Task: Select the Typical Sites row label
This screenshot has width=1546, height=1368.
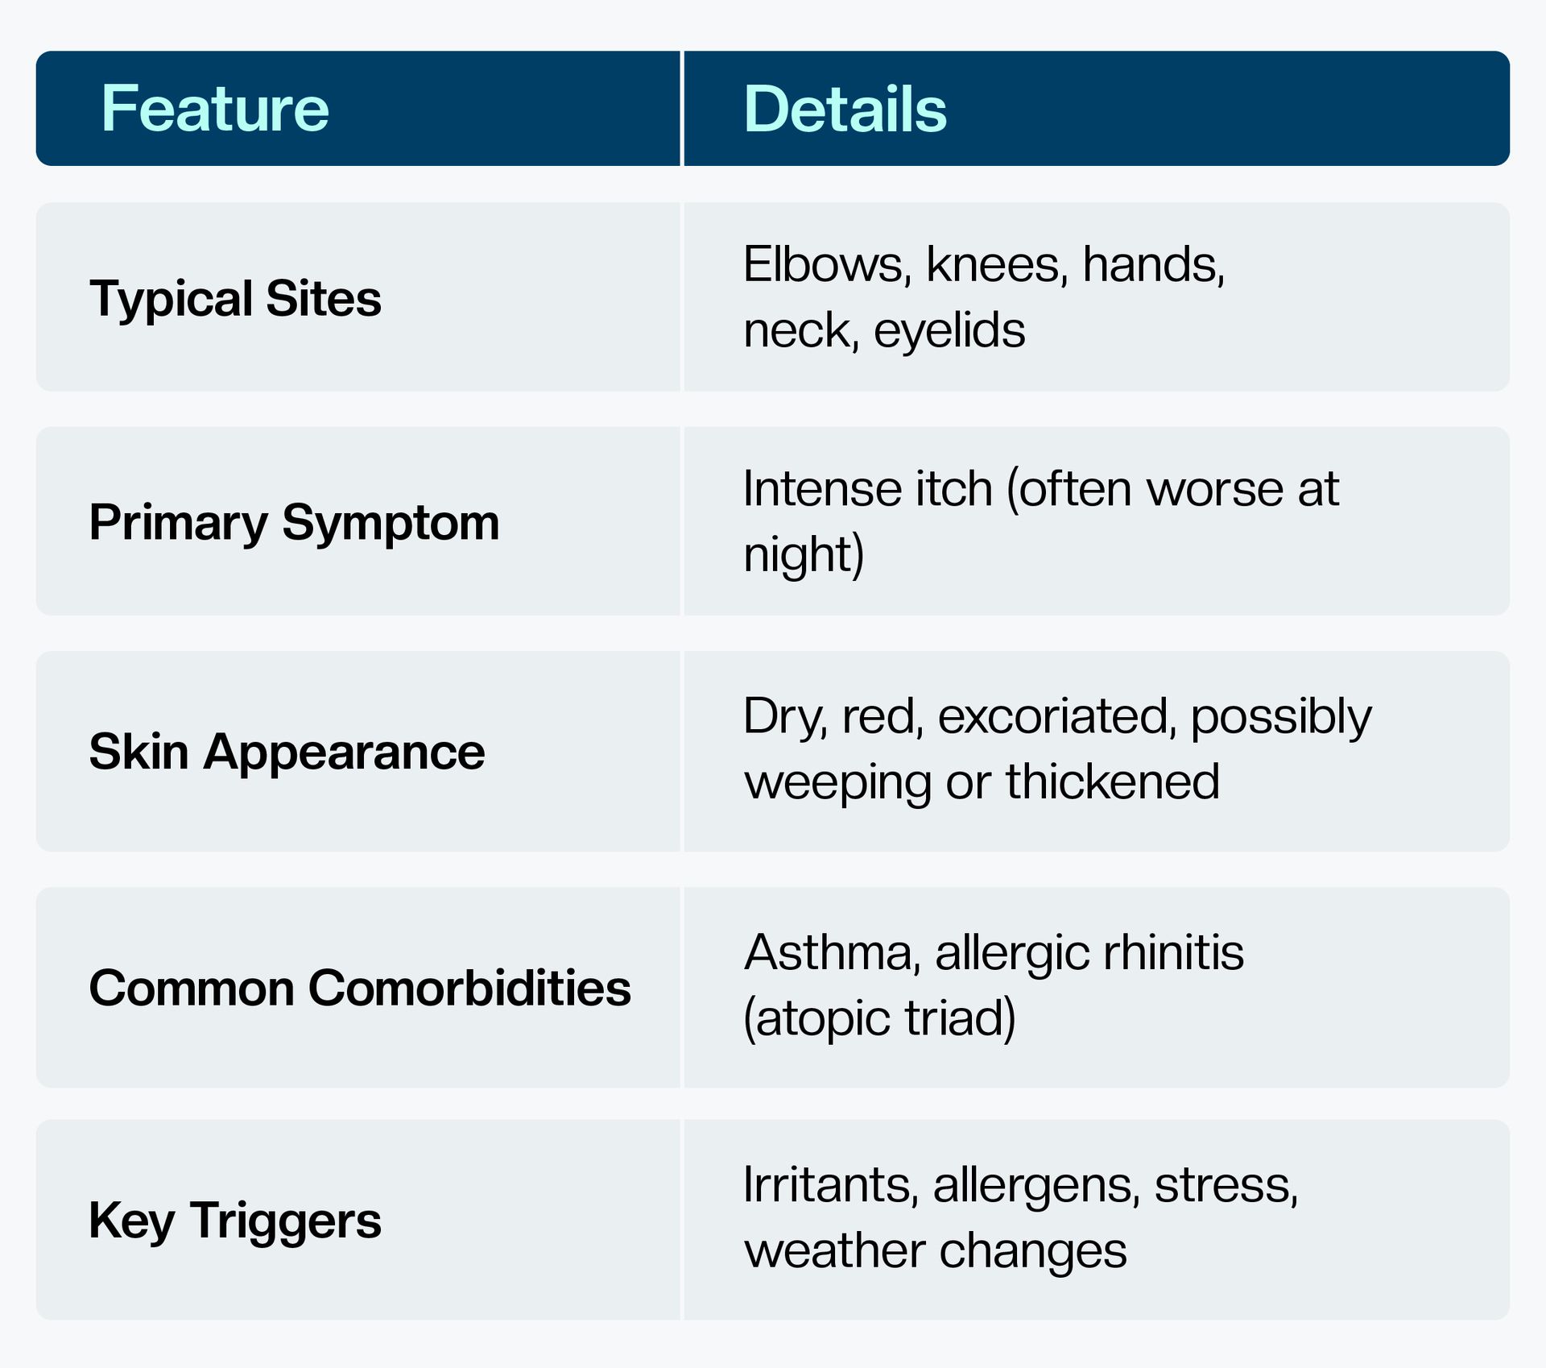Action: pyautogui.click(x=235, y=299)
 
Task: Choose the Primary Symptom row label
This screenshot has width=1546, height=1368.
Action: pyautogui.click(x=294, y=524)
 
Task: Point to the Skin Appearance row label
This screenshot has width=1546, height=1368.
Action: pyautogui.click(x=287, y=752)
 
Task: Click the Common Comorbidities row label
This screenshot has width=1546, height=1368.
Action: pyautogui.click(x=360, y=988)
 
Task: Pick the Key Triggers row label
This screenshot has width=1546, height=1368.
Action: pyautogui.click(x=235, y=1221)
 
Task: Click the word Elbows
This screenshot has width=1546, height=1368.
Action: pyautogui.click(x=827, y=264)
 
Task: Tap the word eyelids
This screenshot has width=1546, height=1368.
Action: pyautogui.click(x=949, y=330)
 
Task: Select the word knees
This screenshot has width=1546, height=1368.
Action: pyautogui.click(x=997, y=264)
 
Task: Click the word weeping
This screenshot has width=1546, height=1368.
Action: pyautogui.click(x=837, y=783)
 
